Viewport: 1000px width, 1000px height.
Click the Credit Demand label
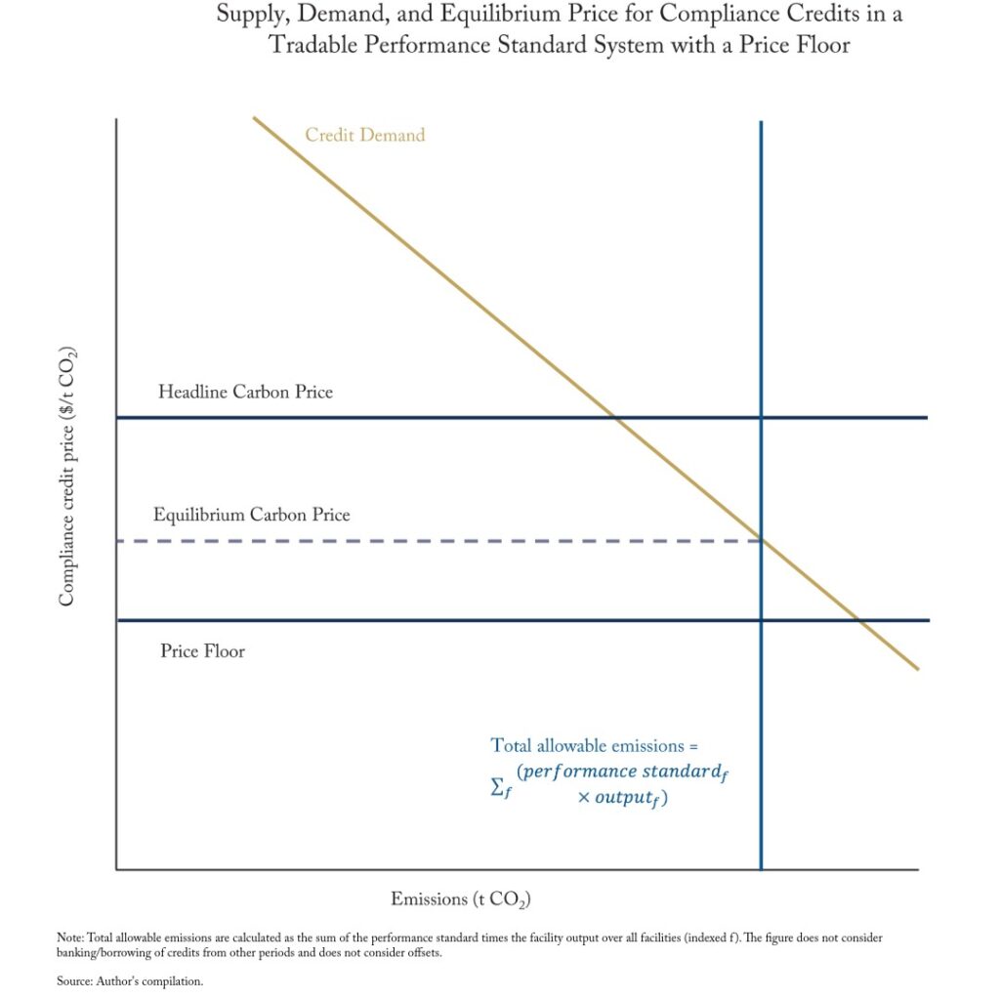[x=364, y=135]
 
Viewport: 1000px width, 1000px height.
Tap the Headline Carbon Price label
[x=245, y=392]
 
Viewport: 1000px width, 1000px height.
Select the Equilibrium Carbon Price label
[x=251, y=515]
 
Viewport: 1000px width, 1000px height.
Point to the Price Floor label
[x=202, y=650]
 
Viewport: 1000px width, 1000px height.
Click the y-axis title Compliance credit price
[x=66, y=476]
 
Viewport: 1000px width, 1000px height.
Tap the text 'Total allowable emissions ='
[x=595, y=745]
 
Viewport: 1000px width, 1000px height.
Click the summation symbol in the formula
[x=499, y=786]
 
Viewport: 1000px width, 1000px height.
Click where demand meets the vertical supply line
[x=761, y=541]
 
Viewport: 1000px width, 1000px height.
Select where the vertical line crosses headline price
[x=761, y=418]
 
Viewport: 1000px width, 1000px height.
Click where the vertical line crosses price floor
[x=761, y=620]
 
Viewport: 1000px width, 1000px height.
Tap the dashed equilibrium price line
[x=439, y=541]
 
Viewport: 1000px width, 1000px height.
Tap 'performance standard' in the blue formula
[x=622, y=771]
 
